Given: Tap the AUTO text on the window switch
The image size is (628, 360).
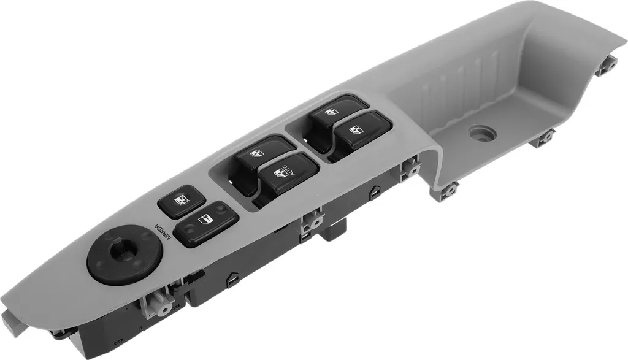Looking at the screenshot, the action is coord(289,170).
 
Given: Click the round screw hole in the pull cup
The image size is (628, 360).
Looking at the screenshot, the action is coord(483,133).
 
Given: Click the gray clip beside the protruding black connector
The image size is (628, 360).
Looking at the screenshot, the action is coord(313,220).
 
